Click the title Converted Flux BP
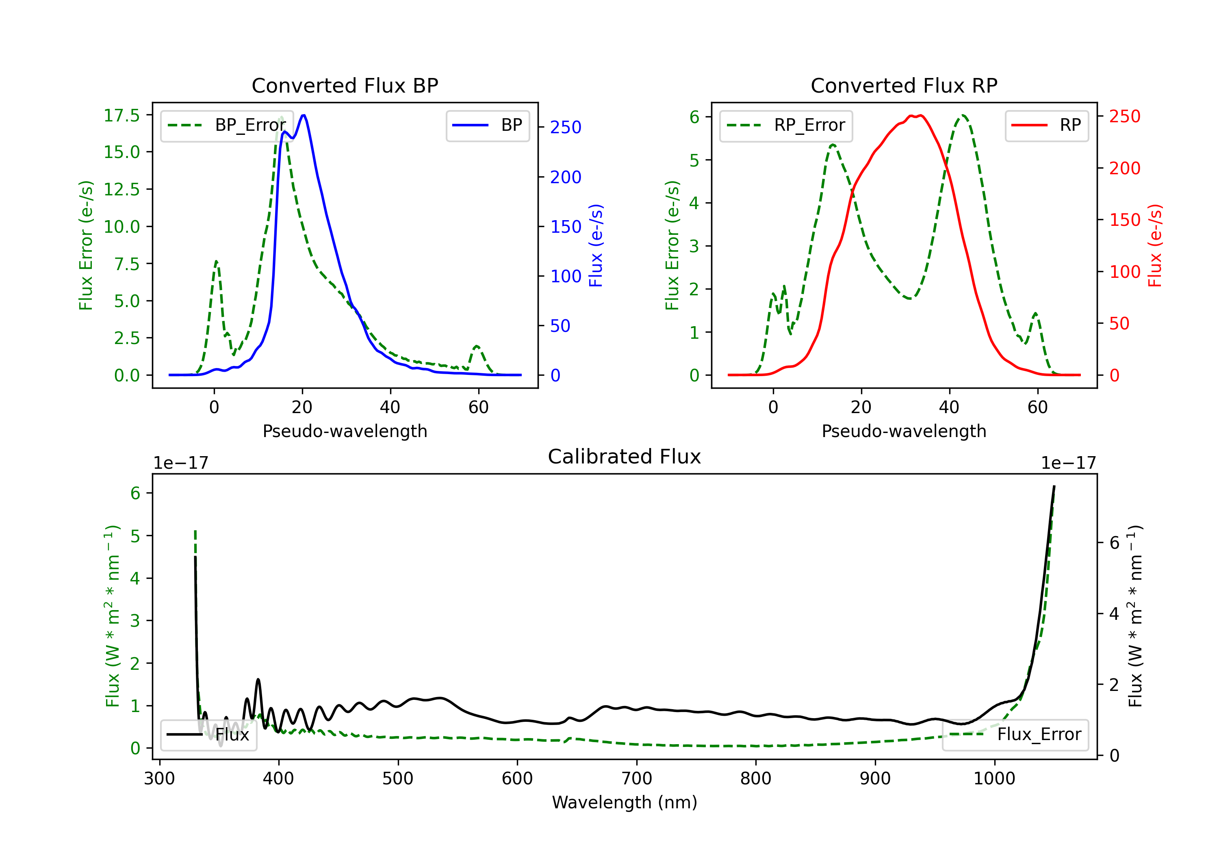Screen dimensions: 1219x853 345,85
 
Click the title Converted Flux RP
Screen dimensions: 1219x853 904,85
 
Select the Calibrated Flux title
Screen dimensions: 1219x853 625,457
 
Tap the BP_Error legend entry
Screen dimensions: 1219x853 227,125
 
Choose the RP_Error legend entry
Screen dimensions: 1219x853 786,125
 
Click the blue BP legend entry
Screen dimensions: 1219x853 487,125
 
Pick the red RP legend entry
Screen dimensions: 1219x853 1046,125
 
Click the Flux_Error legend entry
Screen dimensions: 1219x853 1015,735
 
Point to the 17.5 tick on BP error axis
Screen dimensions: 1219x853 121,115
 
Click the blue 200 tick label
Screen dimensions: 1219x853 566,177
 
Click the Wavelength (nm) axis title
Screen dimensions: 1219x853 625,803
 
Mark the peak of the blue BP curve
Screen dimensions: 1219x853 303,115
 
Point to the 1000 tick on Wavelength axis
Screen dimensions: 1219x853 994,778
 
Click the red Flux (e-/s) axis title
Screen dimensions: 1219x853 1155,245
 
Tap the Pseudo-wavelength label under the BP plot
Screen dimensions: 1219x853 345,431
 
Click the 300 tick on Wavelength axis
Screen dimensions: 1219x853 159,778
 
